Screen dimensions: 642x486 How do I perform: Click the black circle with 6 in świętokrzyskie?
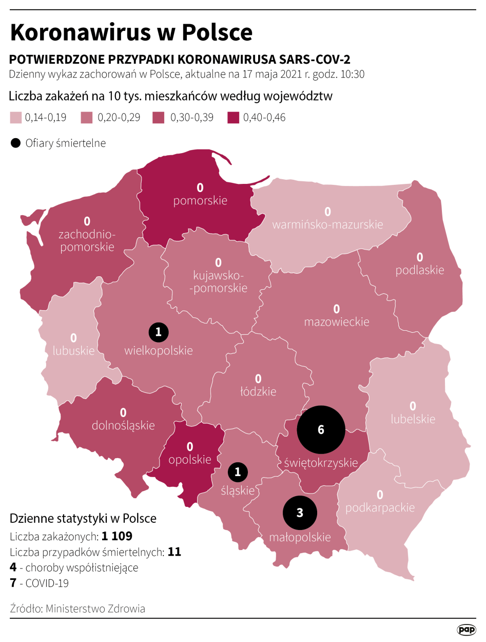point(321,430)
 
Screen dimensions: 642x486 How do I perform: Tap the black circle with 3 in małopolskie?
point(300,513)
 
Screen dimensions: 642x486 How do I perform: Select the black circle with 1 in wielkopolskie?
point(159,332)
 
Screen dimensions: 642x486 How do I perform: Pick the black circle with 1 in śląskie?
point(238,471)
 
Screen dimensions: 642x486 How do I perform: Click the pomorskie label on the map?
point(200,200)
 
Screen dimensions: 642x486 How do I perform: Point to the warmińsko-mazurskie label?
point(327,224)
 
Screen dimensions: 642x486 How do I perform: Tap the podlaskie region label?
point(419,270)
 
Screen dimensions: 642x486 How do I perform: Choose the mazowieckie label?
point(337,322)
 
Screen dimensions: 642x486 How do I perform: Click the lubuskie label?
point(74,351)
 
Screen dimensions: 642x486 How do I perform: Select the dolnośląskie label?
point(123,425)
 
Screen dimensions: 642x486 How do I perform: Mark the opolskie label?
point(190,459)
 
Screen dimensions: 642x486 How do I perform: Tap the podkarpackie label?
point(380,507)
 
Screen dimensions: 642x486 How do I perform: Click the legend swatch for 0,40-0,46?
point(233,118)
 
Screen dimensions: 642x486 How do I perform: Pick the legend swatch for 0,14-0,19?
point(16,118)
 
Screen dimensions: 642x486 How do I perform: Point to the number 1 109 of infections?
point(117,536)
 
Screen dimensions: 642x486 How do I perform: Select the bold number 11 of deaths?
point(174,552)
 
